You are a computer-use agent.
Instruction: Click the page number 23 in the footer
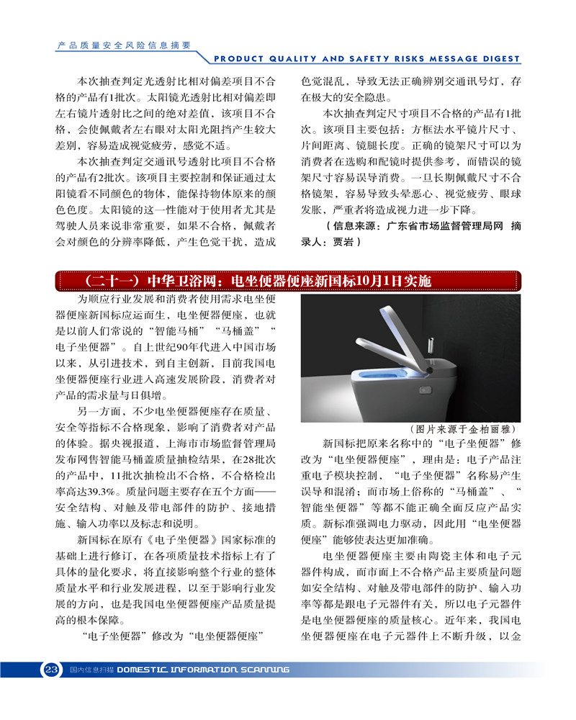(51, 670)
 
